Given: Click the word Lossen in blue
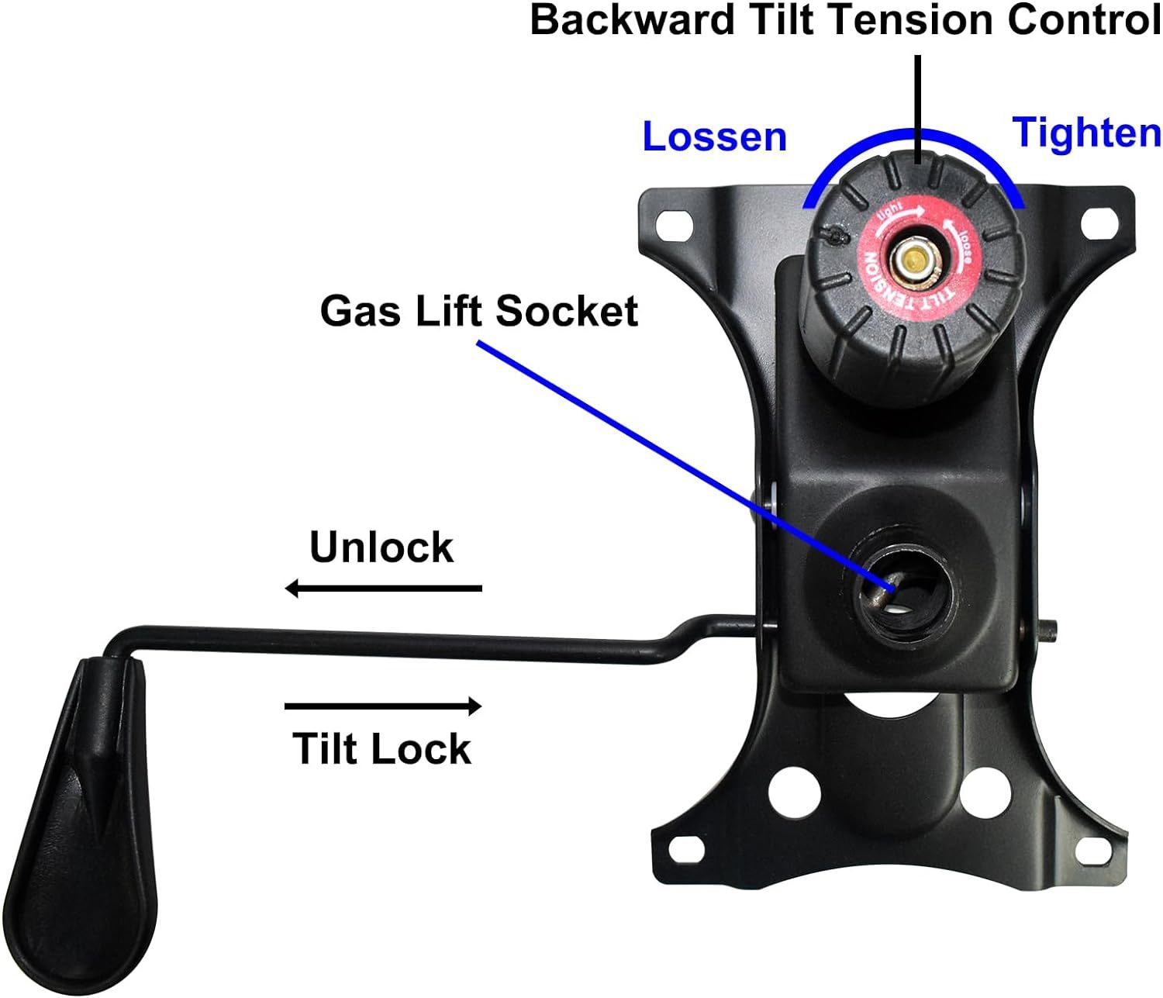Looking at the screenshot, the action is [714, 136].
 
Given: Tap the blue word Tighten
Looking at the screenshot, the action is [1086, 134].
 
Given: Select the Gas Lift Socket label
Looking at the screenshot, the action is [479, 311].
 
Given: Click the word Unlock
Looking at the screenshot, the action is [381, 547].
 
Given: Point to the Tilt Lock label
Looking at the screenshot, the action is [381, 748].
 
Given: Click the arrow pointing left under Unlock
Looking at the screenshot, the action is [383, 589].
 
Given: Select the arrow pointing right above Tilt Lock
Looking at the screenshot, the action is [383, 706].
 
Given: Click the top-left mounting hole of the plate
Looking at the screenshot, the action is [674, 223].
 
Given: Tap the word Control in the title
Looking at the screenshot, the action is [1084, 20].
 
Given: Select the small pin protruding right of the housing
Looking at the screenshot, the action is [1046, 630].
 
